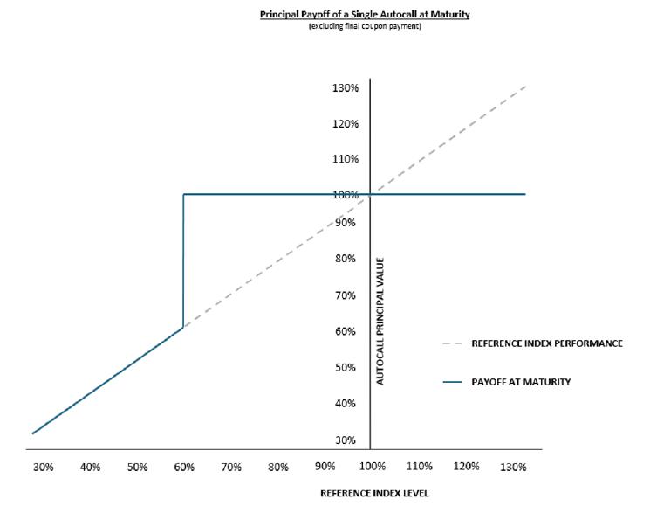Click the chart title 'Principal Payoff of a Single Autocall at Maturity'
pos(365,15)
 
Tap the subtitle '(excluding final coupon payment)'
pos(365,26)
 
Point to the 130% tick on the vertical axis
pos(346,88)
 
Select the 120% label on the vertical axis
pos(346,124)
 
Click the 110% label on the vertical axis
pos(346,159)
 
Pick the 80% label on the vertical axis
pos(346,259)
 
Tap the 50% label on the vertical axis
pos(346,367)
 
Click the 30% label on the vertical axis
pos(346,440)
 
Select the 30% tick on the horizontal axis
pos(44,468)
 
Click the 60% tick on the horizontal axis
pos(184,468)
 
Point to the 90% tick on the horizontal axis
pos(325,467)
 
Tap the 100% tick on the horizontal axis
pos(373,467)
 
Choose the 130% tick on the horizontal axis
pos(513,468)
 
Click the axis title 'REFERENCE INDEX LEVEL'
pos(375,494)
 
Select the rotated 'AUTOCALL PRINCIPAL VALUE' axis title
pos(380,321)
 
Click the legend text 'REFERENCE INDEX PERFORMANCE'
pos(547,343)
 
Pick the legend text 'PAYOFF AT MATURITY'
pos(521,382)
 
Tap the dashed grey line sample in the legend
pos(452,343)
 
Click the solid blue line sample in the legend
pos(452,382)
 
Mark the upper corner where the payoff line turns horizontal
pos(183,194)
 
